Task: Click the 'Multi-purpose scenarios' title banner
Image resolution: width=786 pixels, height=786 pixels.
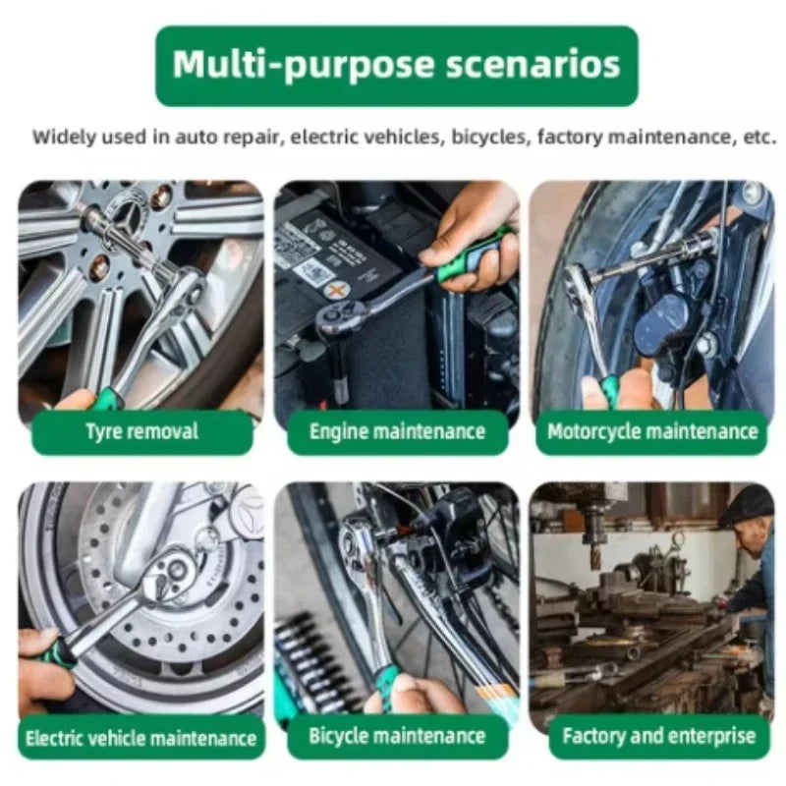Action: click(x=397, y=66)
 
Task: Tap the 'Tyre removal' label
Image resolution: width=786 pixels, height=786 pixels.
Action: click(x=142, y=432)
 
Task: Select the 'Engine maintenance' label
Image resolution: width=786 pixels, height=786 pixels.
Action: click(x=398, y=432)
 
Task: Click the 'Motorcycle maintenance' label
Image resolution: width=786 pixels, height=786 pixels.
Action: click(x=652, y=432)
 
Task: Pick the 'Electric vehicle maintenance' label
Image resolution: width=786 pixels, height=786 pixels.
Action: click(x=140, y=739)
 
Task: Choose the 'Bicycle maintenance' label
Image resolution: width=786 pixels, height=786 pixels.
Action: click(x=398, y=736)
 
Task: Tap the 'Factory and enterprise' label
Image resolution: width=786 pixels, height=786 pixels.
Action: click(x=658, y=736)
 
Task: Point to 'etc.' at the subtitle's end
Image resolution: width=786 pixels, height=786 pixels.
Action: click(x=759, y=137)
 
